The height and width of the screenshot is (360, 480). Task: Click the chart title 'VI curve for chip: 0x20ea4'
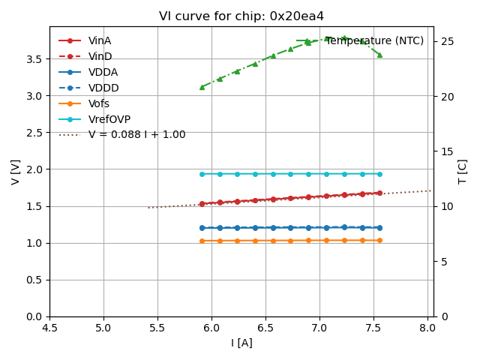pos(241,16)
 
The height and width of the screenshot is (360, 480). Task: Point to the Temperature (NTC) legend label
pos(374,40)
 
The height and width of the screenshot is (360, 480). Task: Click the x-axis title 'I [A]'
pos(241,343)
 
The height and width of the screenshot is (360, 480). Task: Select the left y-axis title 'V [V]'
pos(16,172)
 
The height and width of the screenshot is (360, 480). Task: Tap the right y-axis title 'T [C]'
pos(462,172)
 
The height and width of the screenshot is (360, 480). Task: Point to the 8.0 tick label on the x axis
pos(427,328)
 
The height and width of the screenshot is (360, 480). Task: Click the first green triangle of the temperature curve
pos(202,87)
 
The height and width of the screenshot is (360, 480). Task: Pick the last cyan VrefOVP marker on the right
pos(379,174)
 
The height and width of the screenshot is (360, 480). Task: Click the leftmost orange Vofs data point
pos(202,241)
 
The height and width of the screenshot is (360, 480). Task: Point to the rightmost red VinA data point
pos(379,193)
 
